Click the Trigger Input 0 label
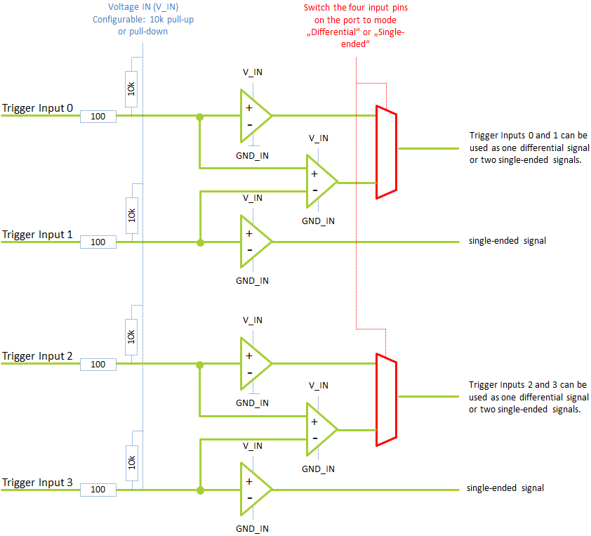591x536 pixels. [37, 108]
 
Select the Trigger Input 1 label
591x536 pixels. [37, 235]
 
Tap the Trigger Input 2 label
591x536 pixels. [37, 356]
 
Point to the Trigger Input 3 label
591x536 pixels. [37, 483]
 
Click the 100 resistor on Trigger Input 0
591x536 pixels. [98, 117]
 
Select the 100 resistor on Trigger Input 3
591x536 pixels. [98, 490]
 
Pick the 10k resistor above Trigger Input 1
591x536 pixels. [131, 216]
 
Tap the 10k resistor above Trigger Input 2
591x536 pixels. [131, 336]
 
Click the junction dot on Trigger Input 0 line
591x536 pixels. [200, 117]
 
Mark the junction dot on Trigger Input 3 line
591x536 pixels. [200, 490]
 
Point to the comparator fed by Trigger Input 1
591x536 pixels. [256, 242]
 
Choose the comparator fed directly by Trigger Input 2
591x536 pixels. [256, 363]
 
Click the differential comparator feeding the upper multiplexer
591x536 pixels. [322, 181]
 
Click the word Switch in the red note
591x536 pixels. [317, 8]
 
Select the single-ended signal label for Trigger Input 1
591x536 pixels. [507, 241]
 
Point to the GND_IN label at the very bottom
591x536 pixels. [252, 529]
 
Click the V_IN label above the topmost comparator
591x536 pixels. [253, 72]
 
